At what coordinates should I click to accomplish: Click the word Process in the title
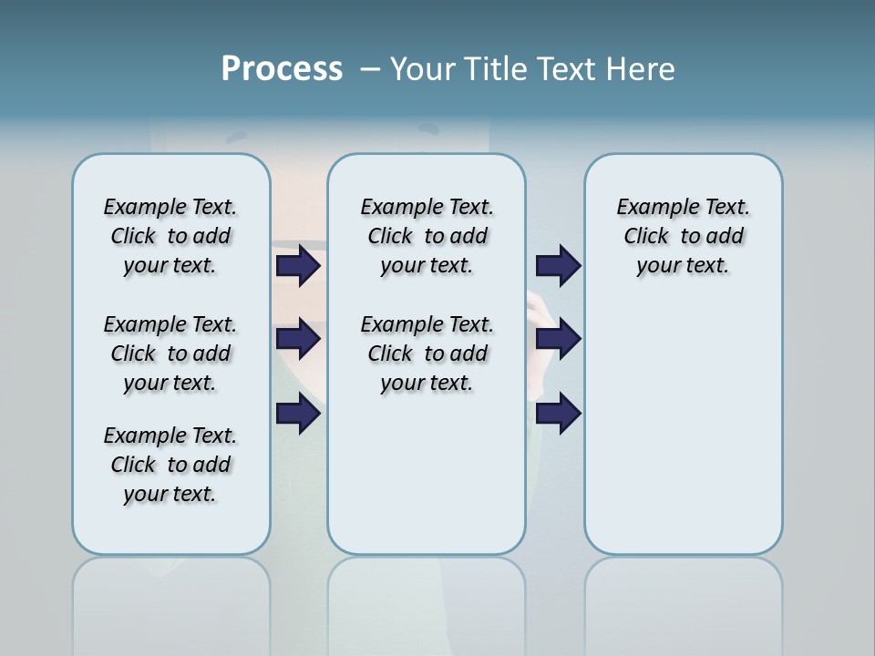(x=282, y=68)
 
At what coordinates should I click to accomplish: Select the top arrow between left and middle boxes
(x=297, y=266)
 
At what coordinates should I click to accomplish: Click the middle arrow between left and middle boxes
(x=297, y=339)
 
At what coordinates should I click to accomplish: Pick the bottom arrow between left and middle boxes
(x=297, y=414)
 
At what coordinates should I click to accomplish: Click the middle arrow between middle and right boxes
(x=558, y=339)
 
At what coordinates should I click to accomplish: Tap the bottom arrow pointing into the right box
(x=558, y=414)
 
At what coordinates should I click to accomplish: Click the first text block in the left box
(x=170, y=236)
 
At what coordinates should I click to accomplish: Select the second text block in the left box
(x=170, y=354)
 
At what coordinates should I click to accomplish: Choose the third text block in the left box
(x=170, y=465)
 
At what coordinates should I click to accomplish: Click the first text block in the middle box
(x=427, y=236)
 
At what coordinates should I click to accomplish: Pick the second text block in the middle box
(x=427, y=354)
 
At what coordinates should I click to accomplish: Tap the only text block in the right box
(x=684, y=236)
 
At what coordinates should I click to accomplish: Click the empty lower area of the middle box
(x=427, y=474)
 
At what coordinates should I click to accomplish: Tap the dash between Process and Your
(x=370, y=68)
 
